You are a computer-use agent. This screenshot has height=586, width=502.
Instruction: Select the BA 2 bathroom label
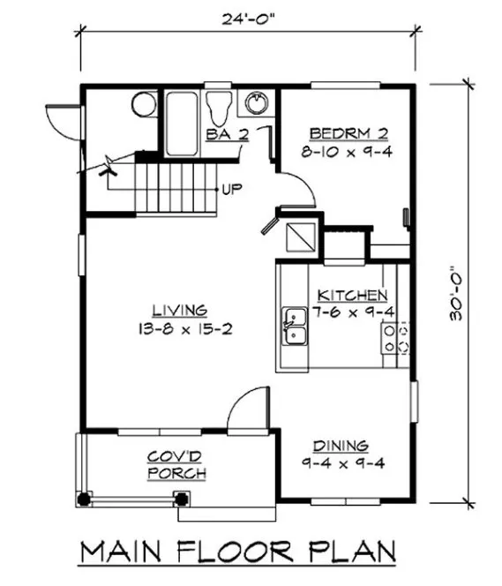click(x=227, y=134)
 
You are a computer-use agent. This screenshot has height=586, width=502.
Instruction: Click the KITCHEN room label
click(x=352, y=295)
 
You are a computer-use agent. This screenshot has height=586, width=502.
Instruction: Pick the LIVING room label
click(x=179, y=310)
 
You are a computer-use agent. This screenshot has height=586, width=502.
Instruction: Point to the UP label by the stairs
click(x=233, y=188)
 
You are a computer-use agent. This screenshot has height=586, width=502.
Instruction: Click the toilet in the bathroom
click(x=217, y=107)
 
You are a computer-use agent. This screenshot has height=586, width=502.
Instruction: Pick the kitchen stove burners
click(x=392, y=338)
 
